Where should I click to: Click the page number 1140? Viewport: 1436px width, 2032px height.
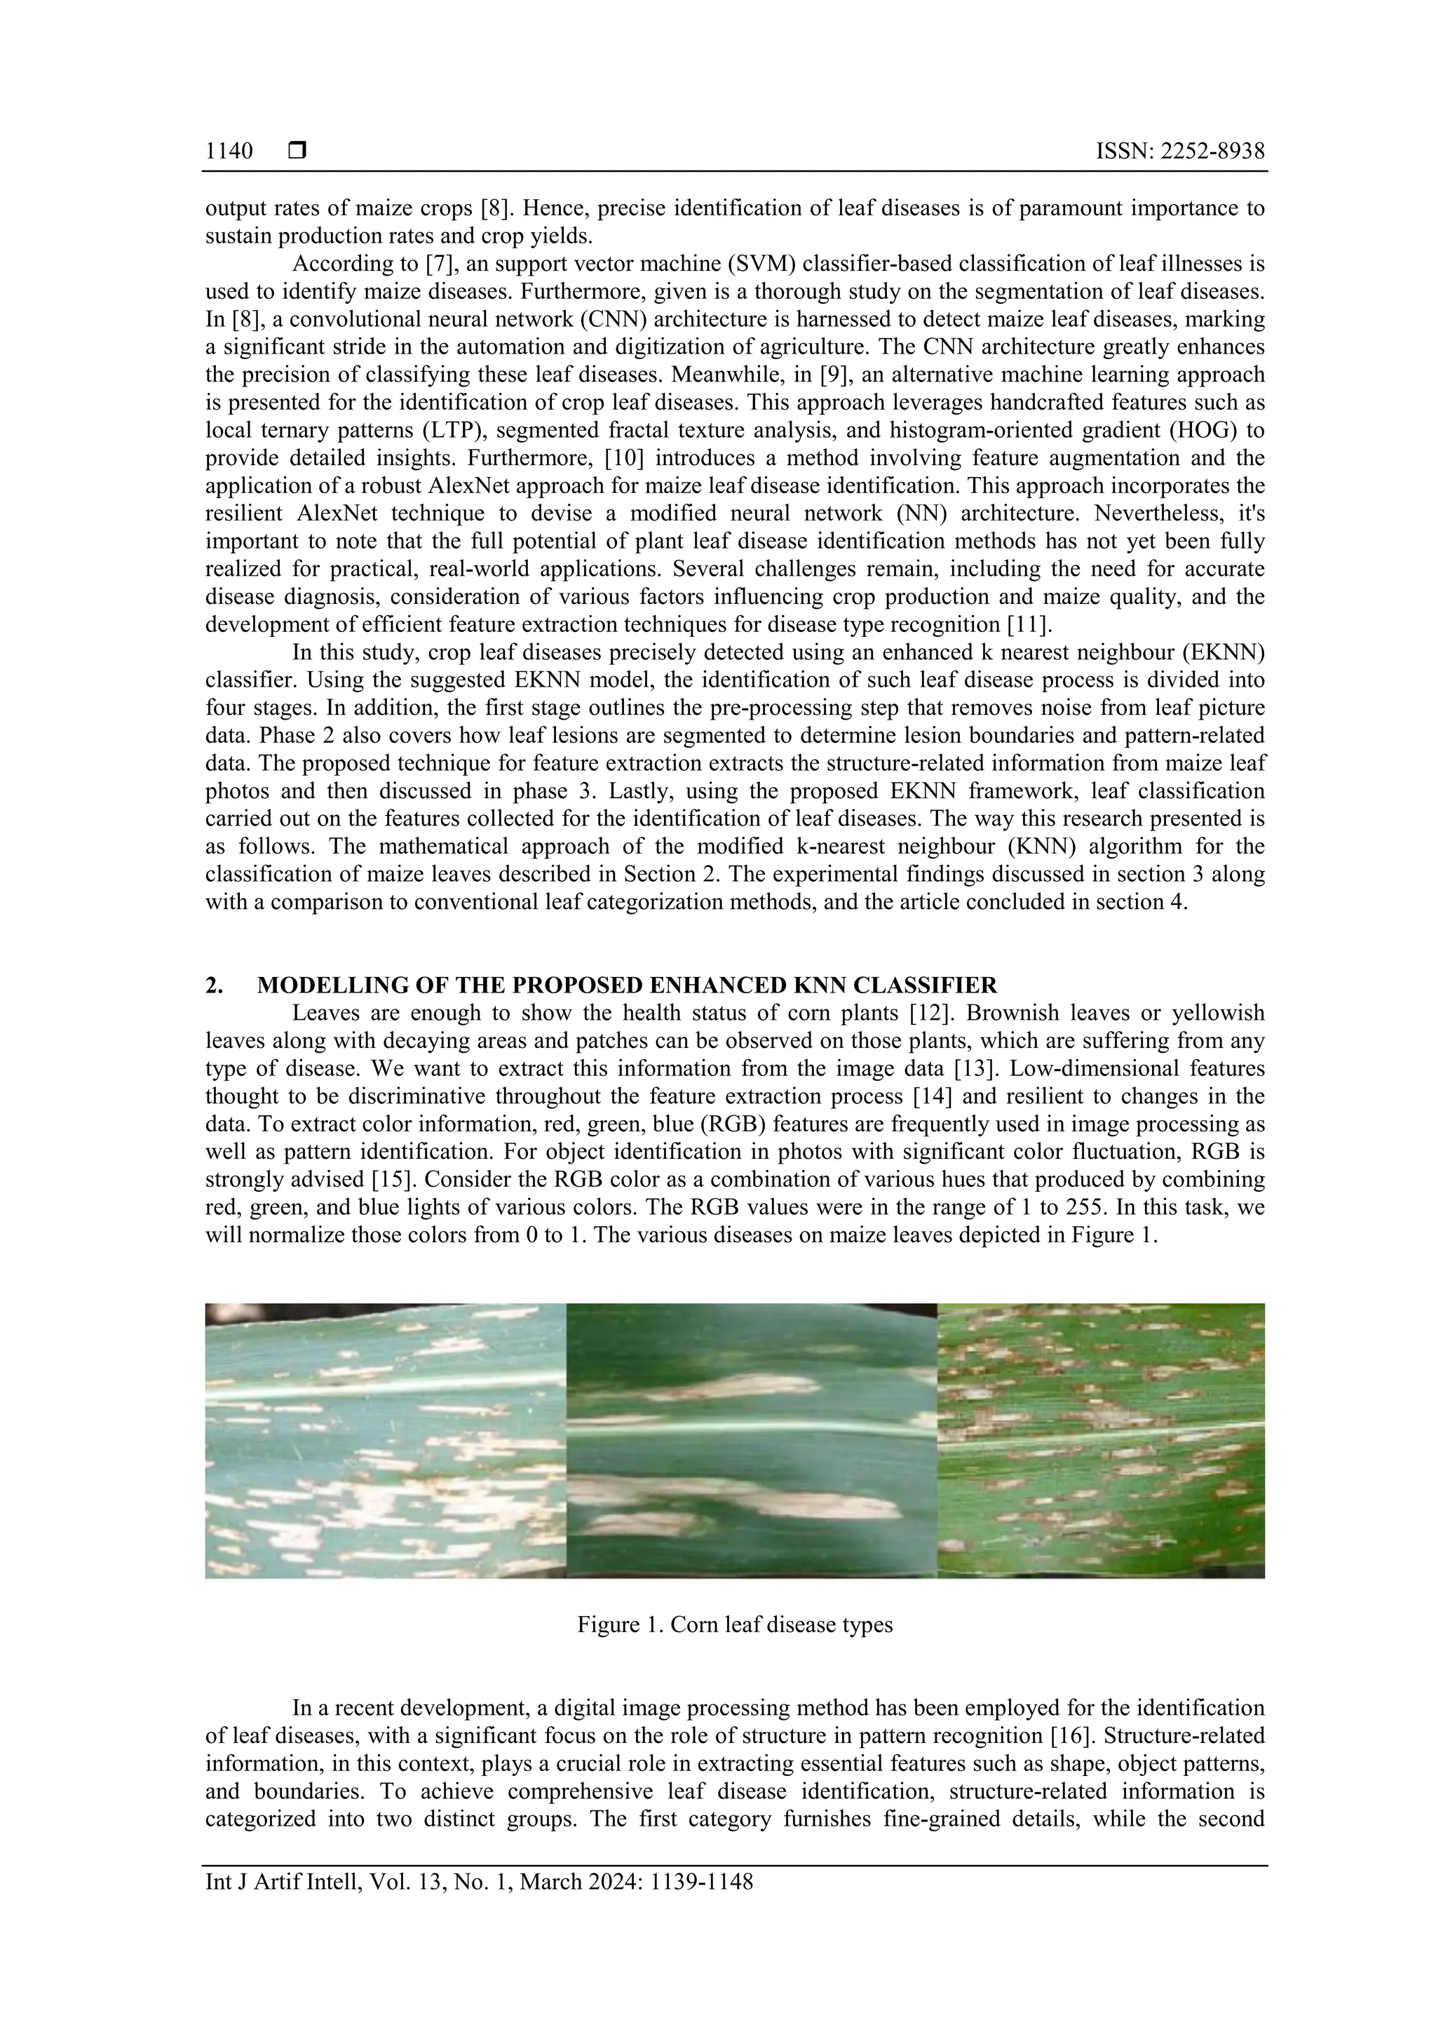(x=229, y=152)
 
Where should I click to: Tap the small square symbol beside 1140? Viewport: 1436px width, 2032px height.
(x=297, y=152)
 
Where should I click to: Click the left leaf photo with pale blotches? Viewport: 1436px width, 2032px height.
(x=385, y=1440)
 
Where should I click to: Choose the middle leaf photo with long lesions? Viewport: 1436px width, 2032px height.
(x=750, y=1440)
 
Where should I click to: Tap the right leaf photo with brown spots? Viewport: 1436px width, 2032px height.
(x=1101, y=1440)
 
